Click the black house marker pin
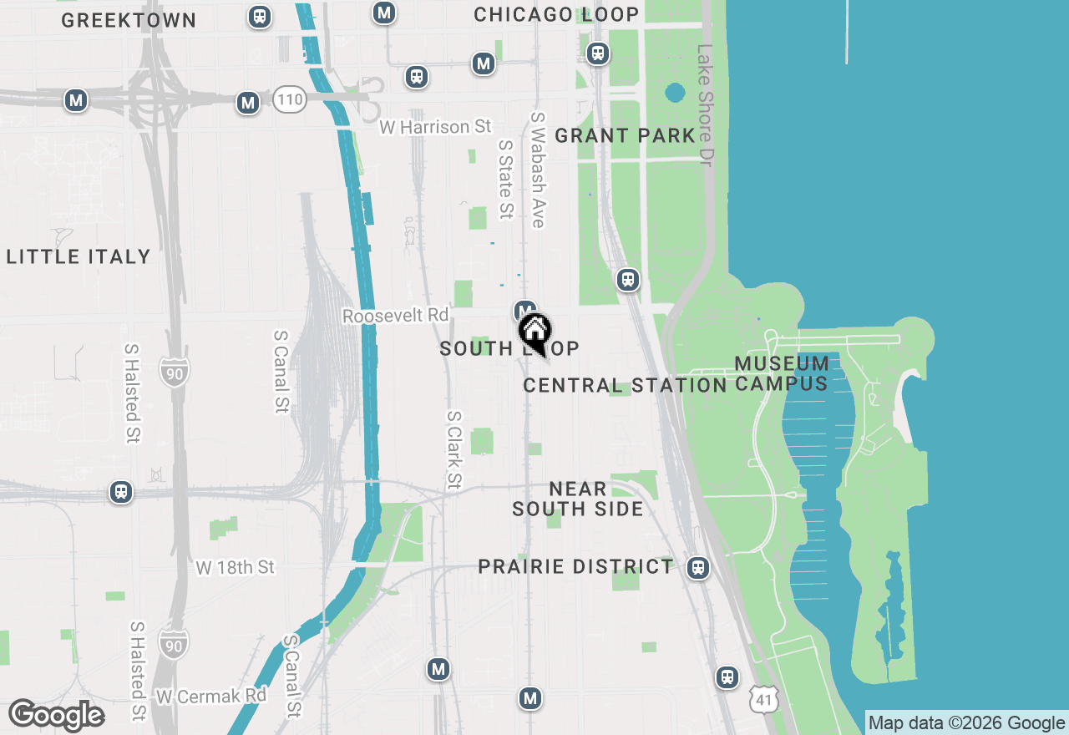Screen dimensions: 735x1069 (534, 332)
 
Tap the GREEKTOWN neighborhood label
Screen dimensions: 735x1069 (129, 20)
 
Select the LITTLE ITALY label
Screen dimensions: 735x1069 (79, 256)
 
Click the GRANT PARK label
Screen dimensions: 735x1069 (625, 135)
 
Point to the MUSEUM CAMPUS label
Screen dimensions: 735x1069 (782, 373)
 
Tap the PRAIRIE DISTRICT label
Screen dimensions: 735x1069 (575, 566)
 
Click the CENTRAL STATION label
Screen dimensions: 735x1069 (625, 385)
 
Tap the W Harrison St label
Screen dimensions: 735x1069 (435, 127)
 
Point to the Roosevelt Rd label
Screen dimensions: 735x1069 (395, 316)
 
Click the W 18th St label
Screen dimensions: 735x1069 (235, 568)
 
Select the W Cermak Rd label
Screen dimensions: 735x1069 (210, 696)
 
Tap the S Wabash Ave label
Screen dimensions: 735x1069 (538, 170)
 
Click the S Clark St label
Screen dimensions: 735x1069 (454, 449)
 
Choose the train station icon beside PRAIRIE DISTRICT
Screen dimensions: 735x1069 (698, 569)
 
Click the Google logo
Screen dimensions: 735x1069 (56, 715)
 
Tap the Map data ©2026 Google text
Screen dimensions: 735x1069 (965, 723)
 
